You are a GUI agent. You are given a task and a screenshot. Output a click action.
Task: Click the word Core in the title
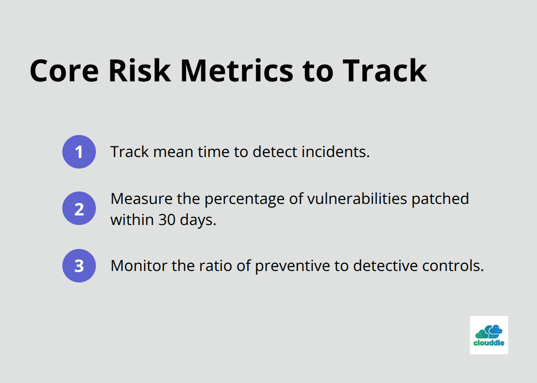point(64,71)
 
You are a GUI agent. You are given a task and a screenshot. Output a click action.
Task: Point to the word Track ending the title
point(385,71)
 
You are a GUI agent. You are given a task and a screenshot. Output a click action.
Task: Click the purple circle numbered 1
point(79,152)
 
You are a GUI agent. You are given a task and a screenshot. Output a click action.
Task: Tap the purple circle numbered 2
point(79,208)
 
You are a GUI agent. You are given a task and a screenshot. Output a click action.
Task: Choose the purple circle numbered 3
point(79,265)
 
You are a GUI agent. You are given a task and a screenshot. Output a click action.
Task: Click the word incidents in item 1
point(335,152)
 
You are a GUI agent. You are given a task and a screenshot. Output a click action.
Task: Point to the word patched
point(441,199)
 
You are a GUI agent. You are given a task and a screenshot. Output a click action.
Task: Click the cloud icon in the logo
point(489,331)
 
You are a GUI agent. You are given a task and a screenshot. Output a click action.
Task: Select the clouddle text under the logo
point(489,343)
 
